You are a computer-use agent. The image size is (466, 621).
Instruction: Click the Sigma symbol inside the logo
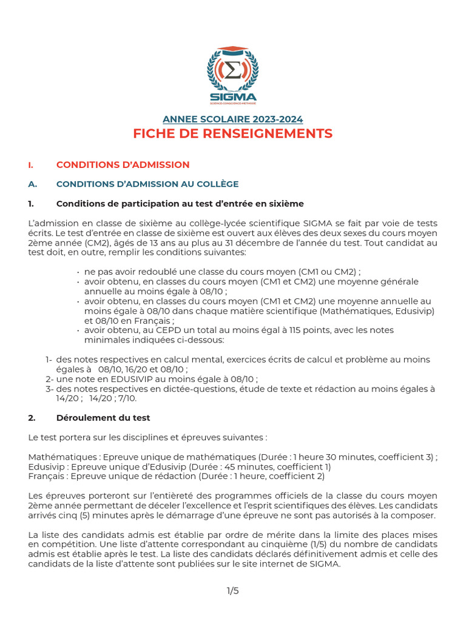[x=232, y=72]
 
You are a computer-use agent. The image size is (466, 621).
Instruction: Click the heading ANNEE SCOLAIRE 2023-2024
[x=233, y=119]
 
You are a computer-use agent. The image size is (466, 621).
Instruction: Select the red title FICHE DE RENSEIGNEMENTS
[x=233, y=134]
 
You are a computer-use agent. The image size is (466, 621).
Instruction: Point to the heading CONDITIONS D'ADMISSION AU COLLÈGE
[x=147, y=184]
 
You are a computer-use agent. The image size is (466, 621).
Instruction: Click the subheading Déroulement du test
[x=103, y=418]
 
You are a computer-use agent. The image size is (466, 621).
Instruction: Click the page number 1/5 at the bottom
[x=233, y=591]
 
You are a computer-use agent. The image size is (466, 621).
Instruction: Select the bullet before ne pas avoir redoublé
[x=79, y=272]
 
